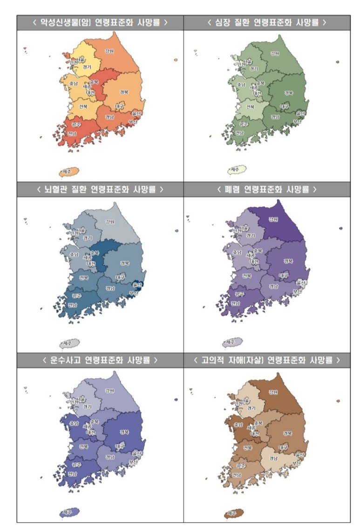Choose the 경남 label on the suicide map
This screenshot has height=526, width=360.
(275, 457)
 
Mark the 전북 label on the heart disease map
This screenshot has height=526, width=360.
(250, 107)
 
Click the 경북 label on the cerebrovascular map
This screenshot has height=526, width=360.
(124, 263)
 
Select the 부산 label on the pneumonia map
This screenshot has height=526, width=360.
(297, 291)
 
